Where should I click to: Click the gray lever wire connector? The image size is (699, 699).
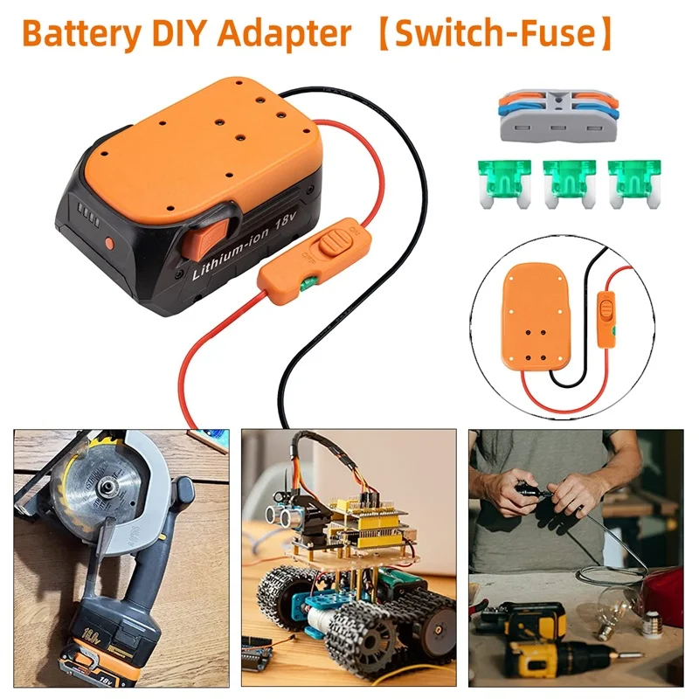pos(556,118)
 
